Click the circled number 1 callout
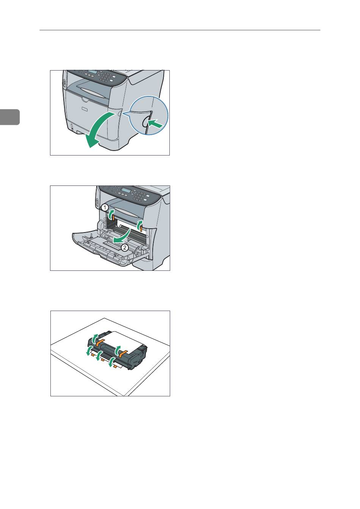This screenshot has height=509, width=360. [105, 207]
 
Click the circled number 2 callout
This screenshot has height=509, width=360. [125, 247]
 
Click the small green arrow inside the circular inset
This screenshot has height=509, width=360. [155, 124]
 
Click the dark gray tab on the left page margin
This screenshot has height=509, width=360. [9, 117]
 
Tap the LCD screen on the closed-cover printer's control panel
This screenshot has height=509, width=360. [92, 72]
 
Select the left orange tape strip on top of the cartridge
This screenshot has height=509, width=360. [100, 342]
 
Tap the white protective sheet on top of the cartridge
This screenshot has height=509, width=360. [124, 339]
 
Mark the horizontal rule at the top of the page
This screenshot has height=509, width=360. [180, 30]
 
